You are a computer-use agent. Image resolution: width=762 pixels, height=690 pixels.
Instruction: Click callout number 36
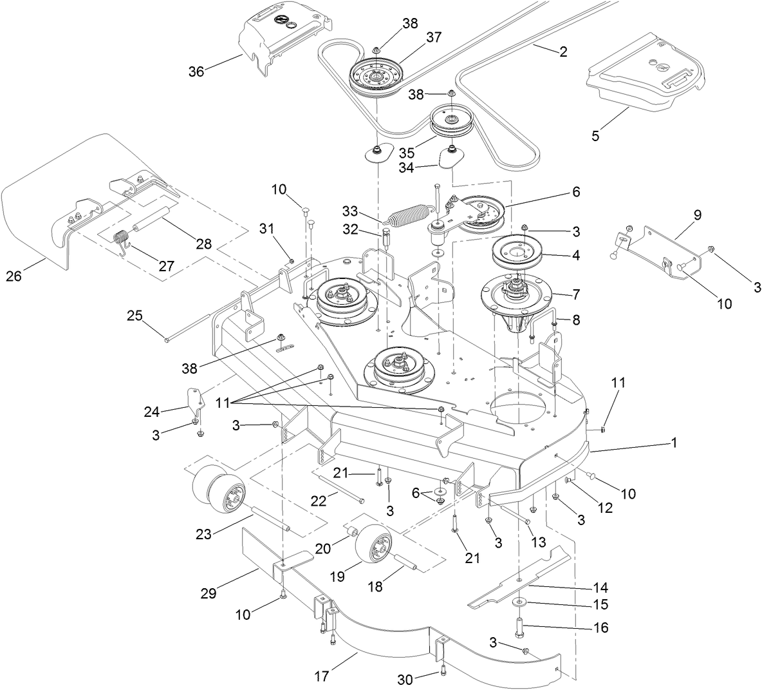point(196,71)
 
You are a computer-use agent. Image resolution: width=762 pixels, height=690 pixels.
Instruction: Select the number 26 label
point(14,276)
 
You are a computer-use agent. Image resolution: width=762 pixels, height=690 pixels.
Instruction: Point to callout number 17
point(322,676)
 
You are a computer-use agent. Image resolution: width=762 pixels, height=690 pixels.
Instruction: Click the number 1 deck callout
point(673,443)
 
